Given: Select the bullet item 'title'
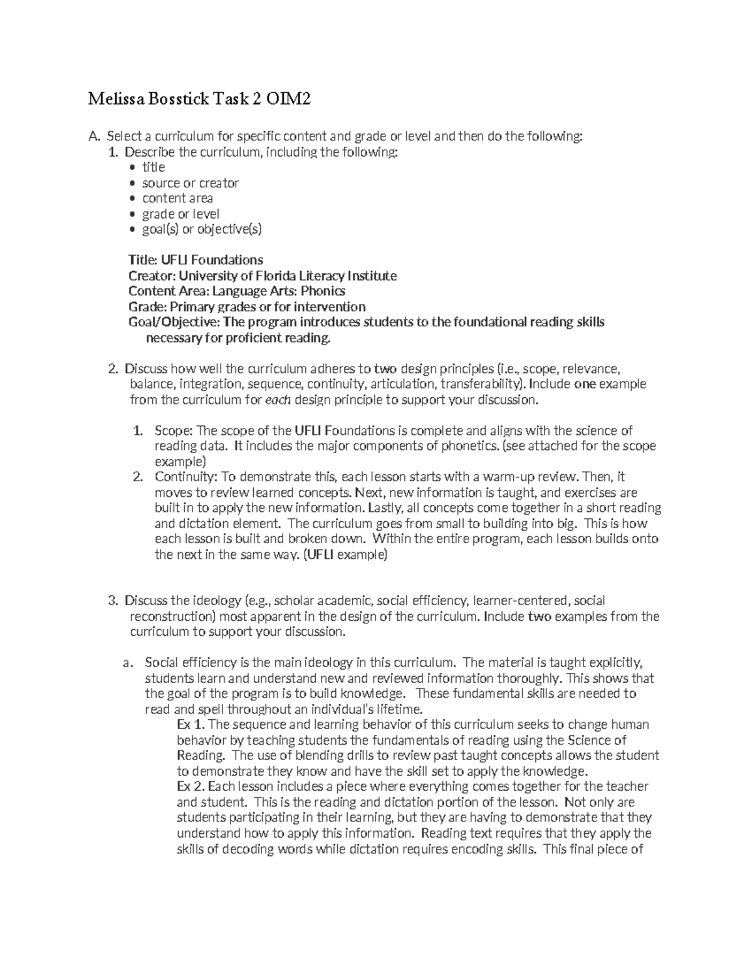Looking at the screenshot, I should click(154, 167).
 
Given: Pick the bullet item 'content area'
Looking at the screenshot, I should click(177, 199).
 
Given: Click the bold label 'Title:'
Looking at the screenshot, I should click(143, 260).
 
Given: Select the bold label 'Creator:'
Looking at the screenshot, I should click(152, 276).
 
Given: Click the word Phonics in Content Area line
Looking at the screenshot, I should click(323, 291).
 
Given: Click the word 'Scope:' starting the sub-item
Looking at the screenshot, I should click(175, 431).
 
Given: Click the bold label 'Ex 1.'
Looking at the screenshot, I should click(191, 725).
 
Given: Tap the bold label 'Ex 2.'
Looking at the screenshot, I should click(191, 787).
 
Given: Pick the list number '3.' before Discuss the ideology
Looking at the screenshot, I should click(112, 601).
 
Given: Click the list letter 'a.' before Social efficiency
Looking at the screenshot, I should click(128, 663).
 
